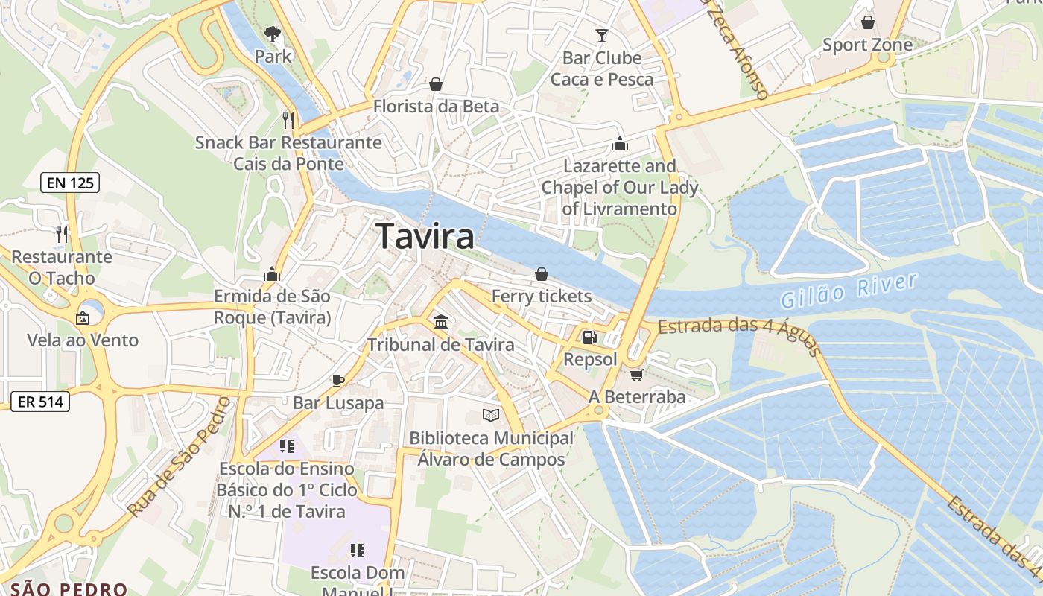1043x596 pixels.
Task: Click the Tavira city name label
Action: pyautogui.click(x=425, y=237)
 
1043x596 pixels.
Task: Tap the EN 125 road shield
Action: pyautogui.click(x=70, y=183)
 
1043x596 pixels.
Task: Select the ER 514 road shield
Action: pyautogui.click(x=40, y=402)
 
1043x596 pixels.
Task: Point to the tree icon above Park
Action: pyautogui.click(x=272, y=34)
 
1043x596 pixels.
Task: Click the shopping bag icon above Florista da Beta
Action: pyautogui.click(x=436, y=84)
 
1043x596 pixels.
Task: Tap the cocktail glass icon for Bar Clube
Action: pyautogui.click(x=602, y=35)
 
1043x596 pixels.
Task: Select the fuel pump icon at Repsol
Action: pyautogui.click(x=589, y=337)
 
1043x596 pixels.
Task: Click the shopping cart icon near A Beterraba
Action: pyautogui.click(x=636, y=375)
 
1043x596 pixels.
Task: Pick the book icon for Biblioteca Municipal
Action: pyautogui.click(x=490, y=416)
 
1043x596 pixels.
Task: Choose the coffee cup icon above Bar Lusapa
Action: pyautogui.click(x=337, y=381)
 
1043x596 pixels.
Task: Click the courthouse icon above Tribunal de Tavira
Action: pyautogui.click(x=440, y=323)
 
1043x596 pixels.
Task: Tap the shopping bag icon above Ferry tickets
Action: pyautogui.click(x=542, y=274)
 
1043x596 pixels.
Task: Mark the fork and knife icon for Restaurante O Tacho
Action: pyautogui.click(x=62, y=235)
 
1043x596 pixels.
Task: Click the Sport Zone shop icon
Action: pyautogui.click(x=867, y=22)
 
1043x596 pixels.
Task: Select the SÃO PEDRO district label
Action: pyautogui.click(x=69, y=589)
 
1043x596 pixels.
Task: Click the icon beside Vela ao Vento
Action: pyautogui.click(x=83, y=319)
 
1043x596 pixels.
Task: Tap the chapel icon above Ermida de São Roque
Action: pyautogui.click(x=272, y=274)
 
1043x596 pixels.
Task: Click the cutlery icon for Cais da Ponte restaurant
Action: pyautogui.click(x=288, y=120)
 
